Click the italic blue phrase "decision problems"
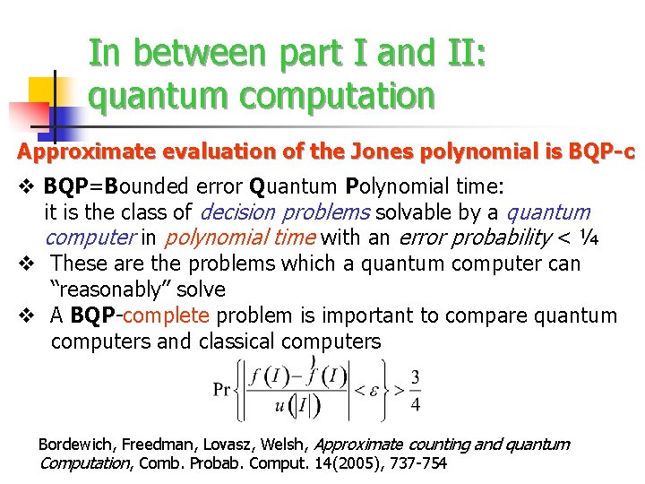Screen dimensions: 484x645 coord(285,212)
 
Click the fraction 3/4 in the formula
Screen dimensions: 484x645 coord(415,389)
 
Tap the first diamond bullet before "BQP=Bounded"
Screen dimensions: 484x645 coord(26,186)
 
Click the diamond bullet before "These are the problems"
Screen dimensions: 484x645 coord(26,264)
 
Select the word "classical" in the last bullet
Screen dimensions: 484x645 coord(241,341)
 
